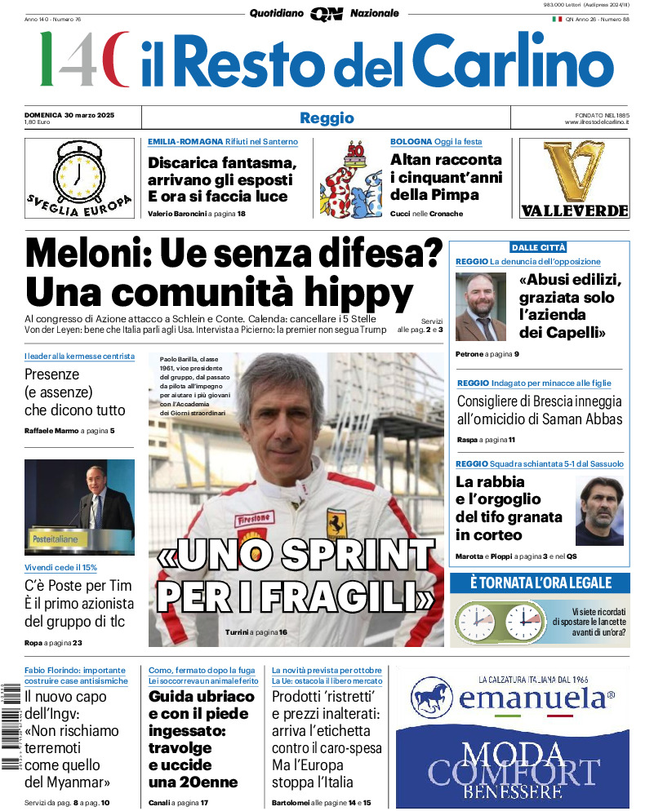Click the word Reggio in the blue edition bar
pos(327,117)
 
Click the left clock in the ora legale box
pos(476,623)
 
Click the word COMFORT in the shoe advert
pos(514,772)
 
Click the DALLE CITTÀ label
pos(538,247)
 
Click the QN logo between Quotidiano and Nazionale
pos(326,13)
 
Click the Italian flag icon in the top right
pos(557,18)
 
